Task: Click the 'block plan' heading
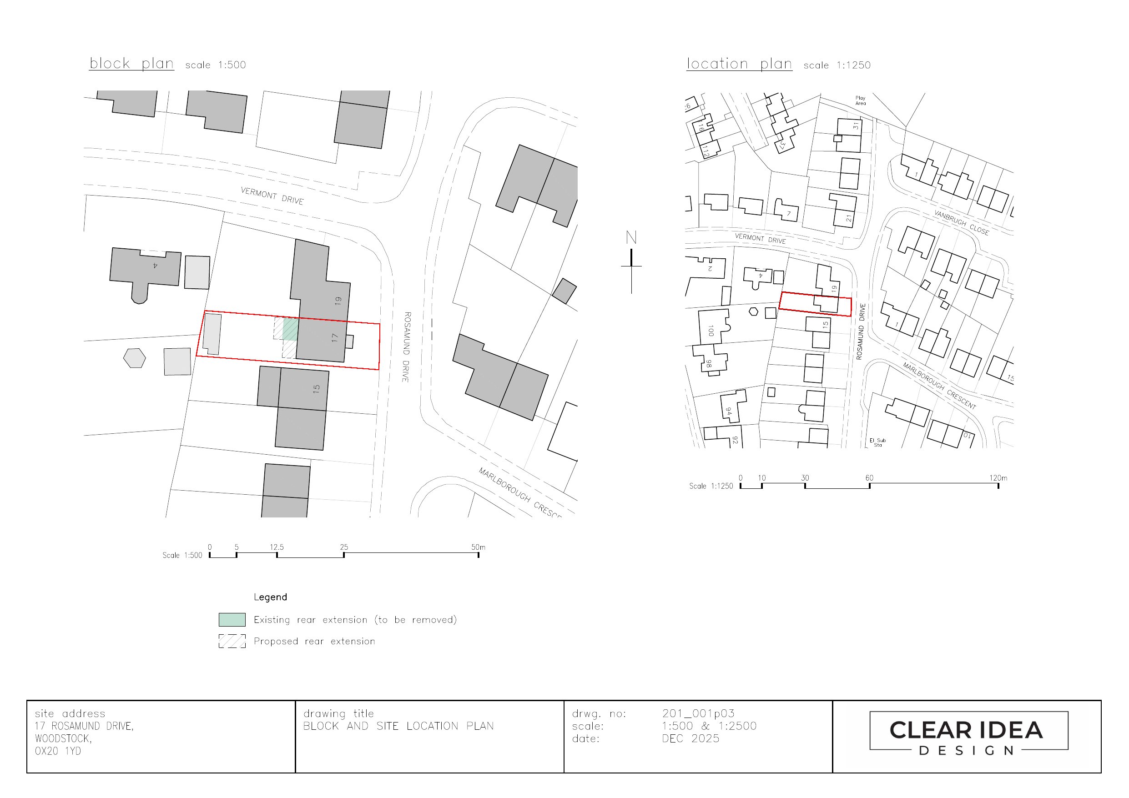coord(131,63)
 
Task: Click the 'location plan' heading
coord(739,64)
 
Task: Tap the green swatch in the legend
coord(232,619)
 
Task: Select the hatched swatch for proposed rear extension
coord(232,641)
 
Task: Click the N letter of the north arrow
coord(631,238)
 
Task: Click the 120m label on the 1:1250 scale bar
coord(998,478)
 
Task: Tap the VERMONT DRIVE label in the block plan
coord(272,196)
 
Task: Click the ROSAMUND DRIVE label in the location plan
coord(860,331)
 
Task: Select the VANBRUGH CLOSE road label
coord(961,223)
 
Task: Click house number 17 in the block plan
coord(335,338)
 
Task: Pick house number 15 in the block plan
coord(316,388)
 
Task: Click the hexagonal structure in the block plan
coord(134,358)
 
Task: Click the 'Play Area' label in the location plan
coord(860,100)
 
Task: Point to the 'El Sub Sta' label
coord(878,442)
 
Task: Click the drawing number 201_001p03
coord(698,713)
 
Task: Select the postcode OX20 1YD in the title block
coord(57,751)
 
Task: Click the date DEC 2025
coord(690,738)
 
